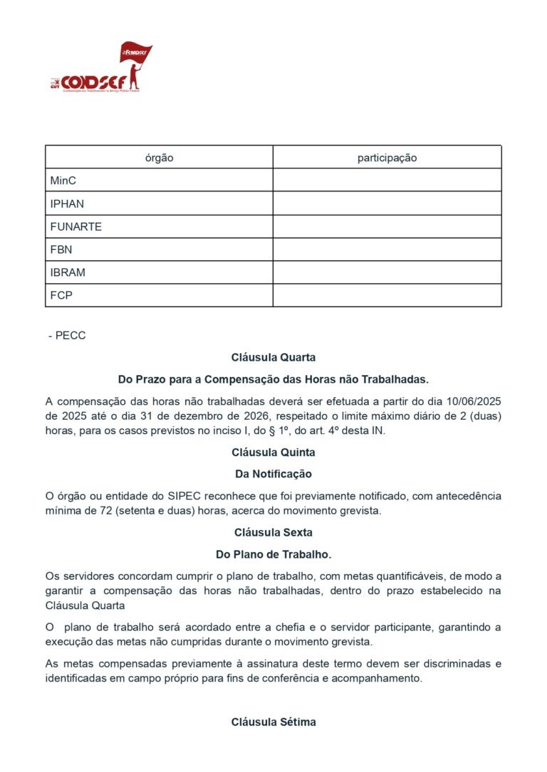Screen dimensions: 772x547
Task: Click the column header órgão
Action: coord(159,158)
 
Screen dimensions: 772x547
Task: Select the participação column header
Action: coord(387,158)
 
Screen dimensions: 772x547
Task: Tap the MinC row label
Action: coord(63,181)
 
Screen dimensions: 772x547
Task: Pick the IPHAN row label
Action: coord(67,203)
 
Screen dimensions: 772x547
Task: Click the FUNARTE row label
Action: coord(75,227)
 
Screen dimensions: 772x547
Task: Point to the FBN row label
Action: coord(61,250)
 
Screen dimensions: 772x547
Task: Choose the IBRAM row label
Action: coord(68,273)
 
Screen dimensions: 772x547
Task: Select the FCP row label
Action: coord(61,295)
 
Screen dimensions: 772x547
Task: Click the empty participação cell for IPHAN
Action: coord(387,203)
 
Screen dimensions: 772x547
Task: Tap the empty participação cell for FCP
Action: coord(387,295)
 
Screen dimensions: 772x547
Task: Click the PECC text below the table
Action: coord(70,335)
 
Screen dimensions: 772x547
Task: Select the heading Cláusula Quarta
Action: coord(273,357)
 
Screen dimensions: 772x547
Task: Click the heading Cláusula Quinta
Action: coord(273,452)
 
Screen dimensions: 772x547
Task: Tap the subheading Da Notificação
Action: coord(273,474)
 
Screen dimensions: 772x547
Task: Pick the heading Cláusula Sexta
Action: coord(273,532)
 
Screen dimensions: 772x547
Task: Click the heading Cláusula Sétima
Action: coord(273,722)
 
